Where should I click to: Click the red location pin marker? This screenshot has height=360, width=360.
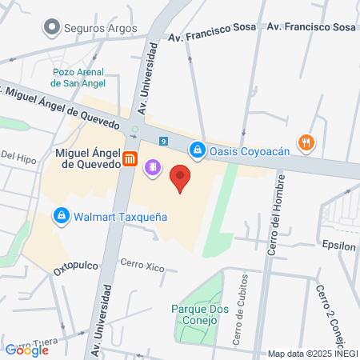181,178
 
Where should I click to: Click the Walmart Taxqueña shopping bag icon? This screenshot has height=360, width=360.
61,215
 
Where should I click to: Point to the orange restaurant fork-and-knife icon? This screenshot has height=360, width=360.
306,143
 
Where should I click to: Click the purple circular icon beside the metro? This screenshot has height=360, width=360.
151,168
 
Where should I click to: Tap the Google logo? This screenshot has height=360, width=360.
27,350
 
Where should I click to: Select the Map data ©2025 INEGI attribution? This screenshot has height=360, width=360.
311,354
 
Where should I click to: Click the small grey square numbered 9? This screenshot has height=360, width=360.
163,141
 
